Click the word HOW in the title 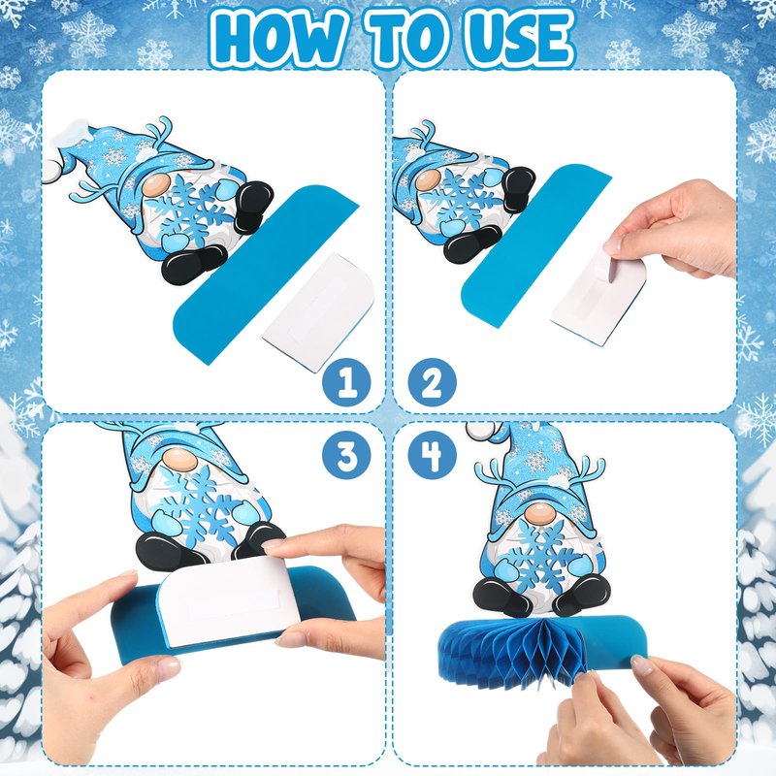[278, 40]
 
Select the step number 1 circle [346, 382]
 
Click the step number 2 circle [432, 382]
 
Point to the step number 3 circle [346, 455]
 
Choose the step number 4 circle [432, 455]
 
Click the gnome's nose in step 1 [156, 185]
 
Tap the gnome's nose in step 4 [541, 514]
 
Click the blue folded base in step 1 [265, 274]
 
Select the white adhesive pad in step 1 [318, 312]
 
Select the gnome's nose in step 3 [180, 460]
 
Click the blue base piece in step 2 [535, 246]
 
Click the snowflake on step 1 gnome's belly [189, 211]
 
